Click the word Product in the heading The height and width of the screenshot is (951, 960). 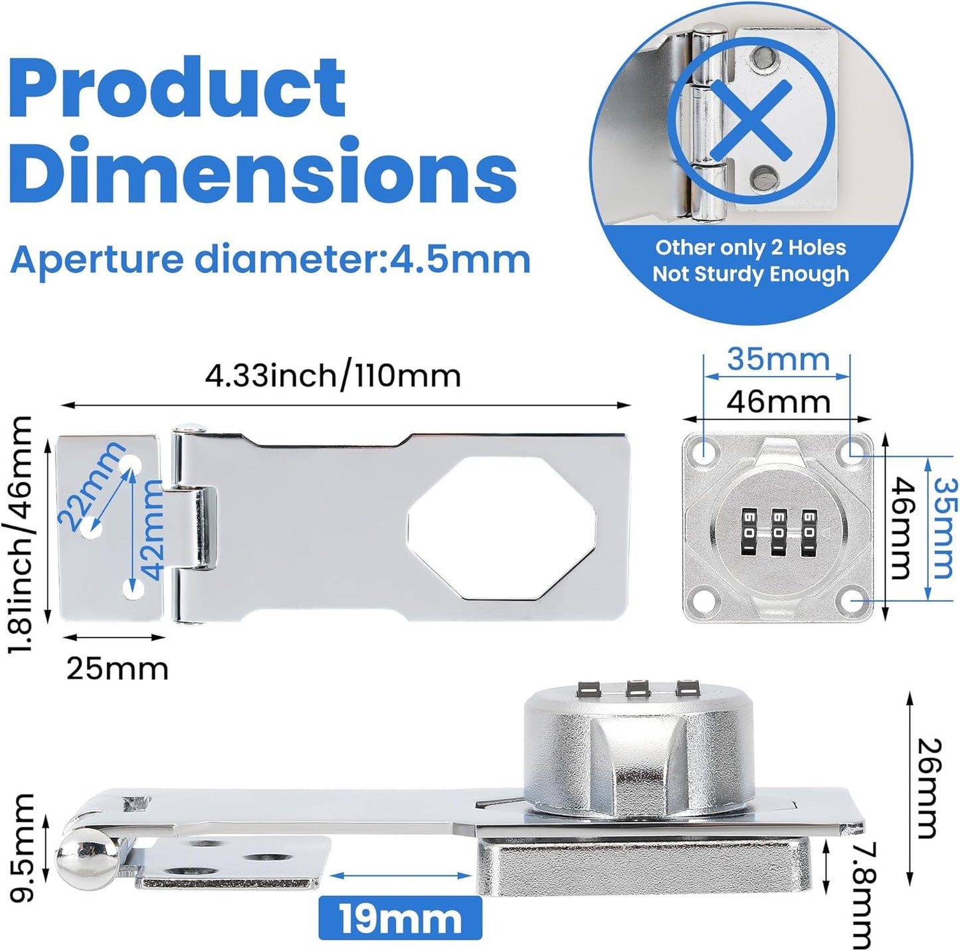[x=177, y=88]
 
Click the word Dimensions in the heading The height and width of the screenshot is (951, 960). [x=262, y=171]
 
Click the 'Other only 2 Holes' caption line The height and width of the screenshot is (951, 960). [x=751, y=248]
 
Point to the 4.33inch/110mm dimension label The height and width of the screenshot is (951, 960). [x=332, y=377]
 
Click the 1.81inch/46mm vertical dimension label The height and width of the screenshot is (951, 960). [x=20, y=534]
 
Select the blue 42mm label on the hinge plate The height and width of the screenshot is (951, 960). [x=151, y=529]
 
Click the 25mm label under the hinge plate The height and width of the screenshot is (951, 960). [x=117, y=668]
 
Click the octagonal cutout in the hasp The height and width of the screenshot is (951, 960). [x=502, y=529]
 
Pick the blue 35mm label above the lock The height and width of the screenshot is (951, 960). [x=778, y=359]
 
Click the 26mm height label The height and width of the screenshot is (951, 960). [x=926, y=788]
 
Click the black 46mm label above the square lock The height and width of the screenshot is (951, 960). [x=778, y=402]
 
